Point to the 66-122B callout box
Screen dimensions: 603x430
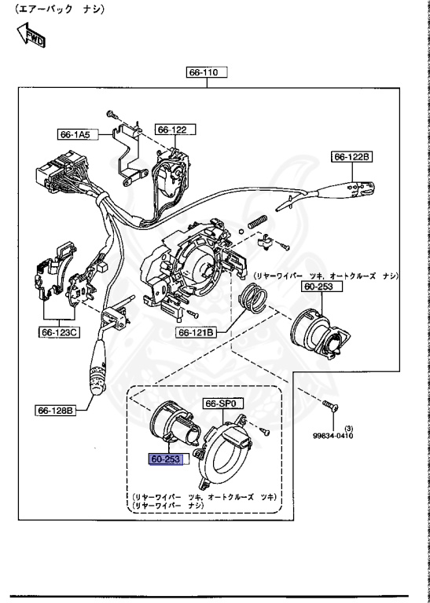tap(352, 157)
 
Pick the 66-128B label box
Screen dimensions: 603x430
tap(55, 409)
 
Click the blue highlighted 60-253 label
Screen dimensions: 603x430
tap(166, 459)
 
